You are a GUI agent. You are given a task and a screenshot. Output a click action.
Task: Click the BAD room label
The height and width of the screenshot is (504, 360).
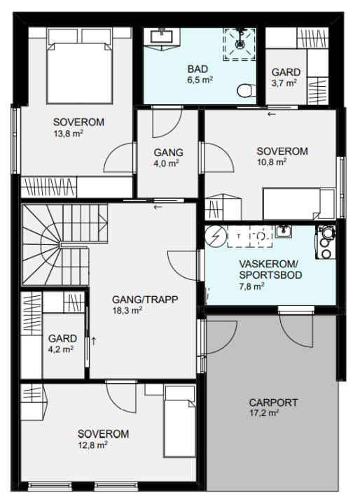(x=198, y=69)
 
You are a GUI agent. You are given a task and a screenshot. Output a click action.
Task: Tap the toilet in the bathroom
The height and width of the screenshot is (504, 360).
(x=247, y=90)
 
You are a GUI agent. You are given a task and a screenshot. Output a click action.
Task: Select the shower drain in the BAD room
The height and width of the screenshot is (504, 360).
(x=240, y=43)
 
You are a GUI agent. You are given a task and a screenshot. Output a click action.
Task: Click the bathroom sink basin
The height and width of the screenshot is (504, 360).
(x=161, y=36)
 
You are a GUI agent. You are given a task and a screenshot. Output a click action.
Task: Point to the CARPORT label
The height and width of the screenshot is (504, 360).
(x=273, y=402)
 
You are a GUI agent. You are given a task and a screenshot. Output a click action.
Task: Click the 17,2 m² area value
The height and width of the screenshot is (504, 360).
(x=264, y=413)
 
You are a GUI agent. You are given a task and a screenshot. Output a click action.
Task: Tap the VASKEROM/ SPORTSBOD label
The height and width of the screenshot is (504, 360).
(x=270, y=269)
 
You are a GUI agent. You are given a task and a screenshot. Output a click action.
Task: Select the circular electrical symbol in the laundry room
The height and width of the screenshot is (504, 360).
(x=216, y=237)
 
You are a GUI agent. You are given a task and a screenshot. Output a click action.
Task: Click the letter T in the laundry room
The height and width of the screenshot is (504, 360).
(x=238, y=237)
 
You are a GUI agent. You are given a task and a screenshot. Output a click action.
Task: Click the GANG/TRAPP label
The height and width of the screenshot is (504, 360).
(x=145, y=300)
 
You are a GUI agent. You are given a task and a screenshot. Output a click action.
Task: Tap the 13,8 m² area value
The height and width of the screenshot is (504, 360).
(x=68, y=133)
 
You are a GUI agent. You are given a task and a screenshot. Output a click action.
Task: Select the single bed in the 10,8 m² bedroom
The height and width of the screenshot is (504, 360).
(x=298, y=204)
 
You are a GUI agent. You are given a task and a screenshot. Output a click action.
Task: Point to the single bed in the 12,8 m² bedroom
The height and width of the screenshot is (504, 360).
(x=179, y=421)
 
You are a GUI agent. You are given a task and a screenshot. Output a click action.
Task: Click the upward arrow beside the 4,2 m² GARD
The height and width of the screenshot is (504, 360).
(x=94, y=341)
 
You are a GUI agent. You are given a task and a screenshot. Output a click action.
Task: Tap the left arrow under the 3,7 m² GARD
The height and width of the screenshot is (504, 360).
(x=272, y=114)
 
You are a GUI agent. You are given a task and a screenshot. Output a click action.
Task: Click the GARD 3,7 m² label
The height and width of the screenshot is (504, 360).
(x=286, y=78)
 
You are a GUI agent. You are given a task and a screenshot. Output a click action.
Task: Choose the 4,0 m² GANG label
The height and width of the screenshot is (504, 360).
(x=168, y=157)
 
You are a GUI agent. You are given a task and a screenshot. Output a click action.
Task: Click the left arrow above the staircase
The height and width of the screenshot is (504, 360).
(x=158, y=207)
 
